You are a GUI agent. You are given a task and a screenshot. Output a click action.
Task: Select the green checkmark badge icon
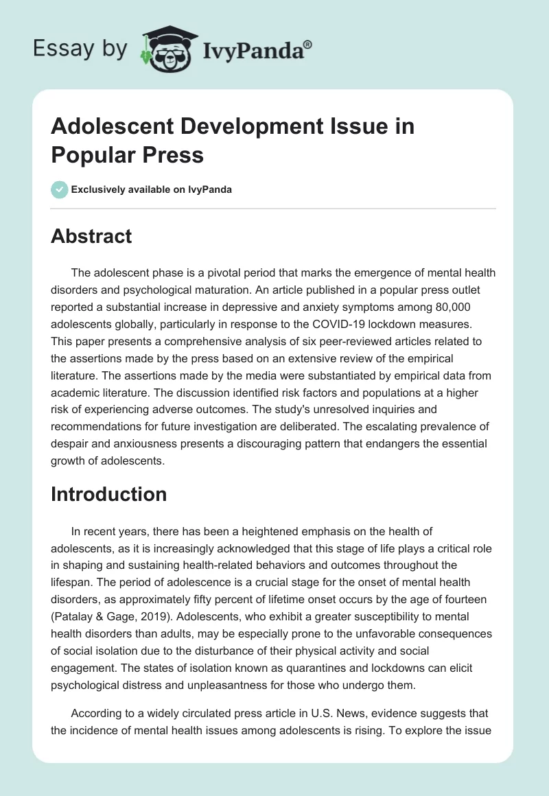(x=60, y=189)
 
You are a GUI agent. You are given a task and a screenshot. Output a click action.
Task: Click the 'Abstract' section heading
(x=91, y=236)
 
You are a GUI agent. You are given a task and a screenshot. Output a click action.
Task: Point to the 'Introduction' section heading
(x=108, y=494)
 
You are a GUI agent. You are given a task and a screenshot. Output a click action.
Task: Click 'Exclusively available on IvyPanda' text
(x=152, y=190)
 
